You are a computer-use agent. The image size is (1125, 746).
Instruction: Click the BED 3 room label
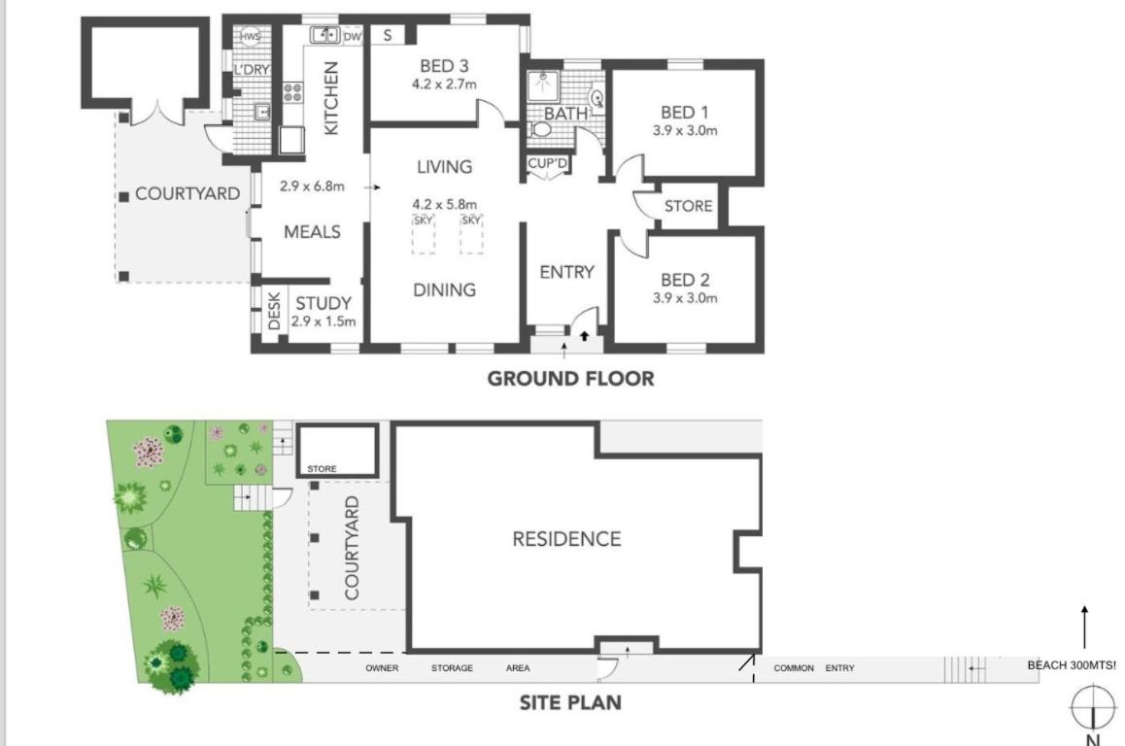(444, 66)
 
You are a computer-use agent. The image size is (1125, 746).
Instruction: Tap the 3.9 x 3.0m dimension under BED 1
(685, 130)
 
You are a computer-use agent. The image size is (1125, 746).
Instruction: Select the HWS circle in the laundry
(250, 37)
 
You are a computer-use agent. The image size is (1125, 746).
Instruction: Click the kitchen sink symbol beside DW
(325, 34)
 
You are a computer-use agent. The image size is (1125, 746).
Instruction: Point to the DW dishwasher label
(353, 37)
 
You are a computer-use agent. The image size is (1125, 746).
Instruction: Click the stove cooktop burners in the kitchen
(292, 92)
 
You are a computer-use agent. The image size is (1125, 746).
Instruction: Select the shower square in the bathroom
(544, 85)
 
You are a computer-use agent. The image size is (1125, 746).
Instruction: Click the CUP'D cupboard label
(547, 163)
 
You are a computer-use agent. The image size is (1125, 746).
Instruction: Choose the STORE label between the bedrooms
(688, 207)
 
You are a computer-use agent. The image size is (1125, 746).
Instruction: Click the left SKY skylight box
(424, 234)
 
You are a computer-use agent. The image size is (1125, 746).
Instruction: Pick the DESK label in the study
(273, 311)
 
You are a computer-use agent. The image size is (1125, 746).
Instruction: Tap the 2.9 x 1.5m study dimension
(323, 322)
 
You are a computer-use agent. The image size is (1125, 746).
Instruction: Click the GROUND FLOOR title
(570, 379)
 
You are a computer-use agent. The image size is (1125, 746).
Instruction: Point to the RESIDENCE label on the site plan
(566, 539)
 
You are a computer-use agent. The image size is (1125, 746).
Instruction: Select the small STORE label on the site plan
(322, 468)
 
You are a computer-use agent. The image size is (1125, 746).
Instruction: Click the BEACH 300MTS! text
(1072, 665)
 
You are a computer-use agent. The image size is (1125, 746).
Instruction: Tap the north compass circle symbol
(1092, 706)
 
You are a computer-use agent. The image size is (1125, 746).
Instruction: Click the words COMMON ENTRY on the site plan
(813, 668)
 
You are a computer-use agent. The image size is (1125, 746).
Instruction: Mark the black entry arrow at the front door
(584, 335)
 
